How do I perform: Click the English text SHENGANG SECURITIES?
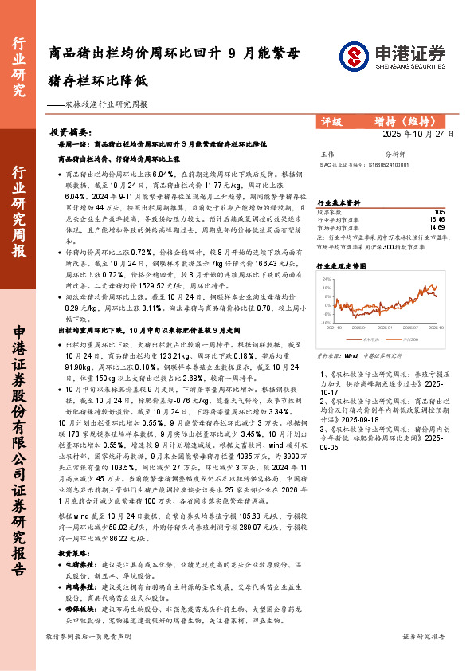(406, 67)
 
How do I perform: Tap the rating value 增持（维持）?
(405, 122)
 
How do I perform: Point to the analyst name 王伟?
(327, 153)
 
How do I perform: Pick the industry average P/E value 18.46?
(437, 219)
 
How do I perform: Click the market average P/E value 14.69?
(437, 227)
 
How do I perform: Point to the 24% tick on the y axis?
(326, 280)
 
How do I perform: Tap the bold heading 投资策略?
(75, 551)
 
